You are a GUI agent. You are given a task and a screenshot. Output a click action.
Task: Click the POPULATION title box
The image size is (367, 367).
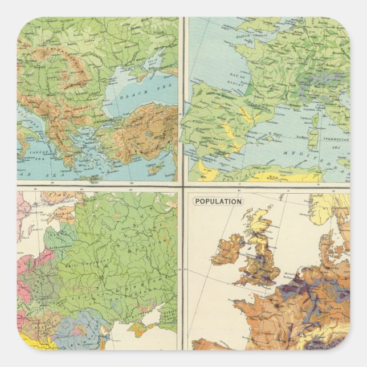[x=218, y=201]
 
